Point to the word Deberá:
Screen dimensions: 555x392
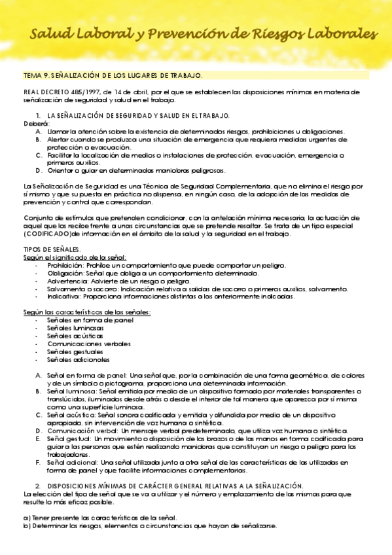(37, 123)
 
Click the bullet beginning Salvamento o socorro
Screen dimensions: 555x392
(79, 289)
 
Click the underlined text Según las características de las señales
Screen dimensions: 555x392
(87, 312)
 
